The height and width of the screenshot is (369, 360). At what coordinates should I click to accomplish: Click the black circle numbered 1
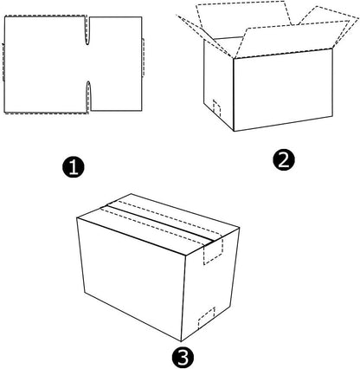pyautogui.click(x=74, y=167)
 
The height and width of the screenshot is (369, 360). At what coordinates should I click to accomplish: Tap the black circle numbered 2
pyautogui.click(x=284, y=159)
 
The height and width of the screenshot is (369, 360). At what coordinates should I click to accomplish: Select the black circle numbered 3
pyautogui.click(x=183, y=358)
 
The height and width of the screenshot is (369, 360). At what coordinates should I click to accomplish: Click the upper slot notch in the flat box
pyautogui.click(x=87, y=30)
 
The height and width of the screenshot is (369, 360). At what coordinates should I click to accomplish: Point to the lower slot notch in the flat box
pyautogui.click(x=88, y=96)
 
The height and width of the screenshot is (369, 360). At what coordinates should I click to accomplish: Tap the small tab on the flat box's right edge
pyautogui.click(x=143, y=57)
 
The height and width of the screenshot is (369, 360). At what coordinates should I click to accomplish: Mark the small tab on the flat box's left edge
pyautogui.click(x=3, y=62)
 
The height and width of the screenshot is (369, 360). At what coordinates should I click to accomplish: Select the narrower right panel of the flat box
pyautogui.click(x=116, y=63)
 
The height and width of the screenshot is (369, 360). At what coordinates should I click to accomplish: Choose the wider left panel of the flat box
pyautogui.click(x=45, y=64)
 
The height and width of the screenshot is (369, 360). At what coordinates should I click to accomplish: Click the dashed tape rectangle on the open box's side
pyautogui.click(x=216, y=108)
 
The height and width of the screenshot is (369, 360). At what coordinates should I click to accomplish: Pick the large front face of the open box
pyautogui.click(x=283, y=90)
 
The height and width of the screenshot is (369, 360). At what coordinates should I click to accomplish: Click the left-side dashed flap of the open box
pyautogui.click(x=205, y=36)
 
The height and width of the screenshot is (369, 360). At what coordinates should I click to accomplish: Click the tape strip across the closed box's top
pyautogui.click(x=162, y=222)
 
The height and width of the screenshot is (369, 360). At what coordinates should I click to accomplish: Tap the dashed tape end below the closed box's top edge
pyautogui.click(x=214, y=250)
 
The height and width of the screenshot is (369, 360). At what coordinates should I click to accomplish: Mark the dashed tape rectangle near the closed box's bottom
pyautogui.click(x=207, y=318)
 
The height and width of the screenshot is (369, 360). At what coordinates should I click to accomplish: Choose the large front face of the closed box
pyautogui.click(x=132, y=275)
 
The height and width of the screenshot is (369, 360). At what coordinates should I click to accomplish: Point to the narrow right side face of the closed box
pyautogui.click(x=211, y=284)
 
